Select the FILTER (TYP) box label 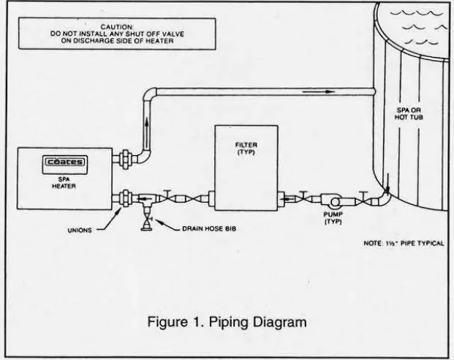click(x=245, y=148)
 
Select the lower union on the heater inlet click(x=125, y=198)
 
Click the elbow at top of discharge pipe click(x=151, y=94)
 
